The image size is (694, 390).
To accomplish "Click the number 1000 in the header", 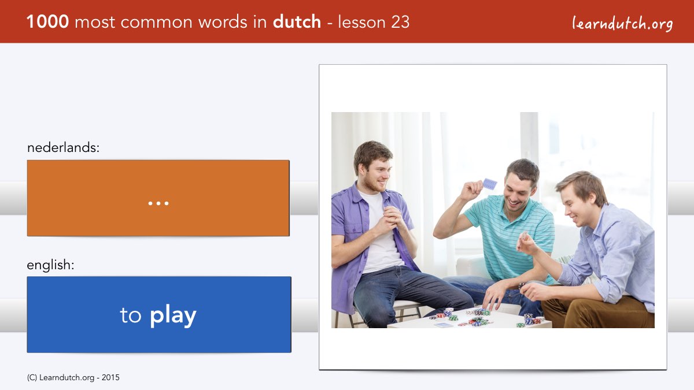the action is tap(47, 22).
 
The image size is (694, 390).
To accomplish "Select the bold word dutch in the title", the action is tap(297, 22).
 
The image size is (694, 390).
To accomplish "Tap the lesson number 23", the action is tap(400, 22).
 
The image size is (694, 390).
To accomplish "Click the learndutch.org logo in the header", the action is tap(622, 24).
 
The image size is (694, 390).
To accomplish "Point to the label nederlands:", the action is tap(63, 147).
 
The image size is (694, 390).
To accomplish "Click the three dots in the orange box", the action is tap(158, 203).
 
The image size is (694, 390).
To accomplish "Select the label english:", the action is tap(50, 265).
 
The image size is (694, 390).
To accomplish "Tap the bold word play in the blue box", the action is tap(173, 315).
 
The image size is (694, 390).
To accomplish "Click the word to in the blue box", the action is tap(131, 315).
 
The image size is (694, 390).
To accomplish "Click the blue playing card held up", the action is tap(490, 184).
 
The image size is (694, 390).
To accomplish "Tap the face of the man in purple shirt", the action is tap(376, 174).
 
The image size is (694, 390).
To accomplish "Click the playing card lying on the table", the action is tap(443, 325).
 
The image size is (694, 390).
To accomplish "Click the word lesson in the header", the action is tap(361, 22).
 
